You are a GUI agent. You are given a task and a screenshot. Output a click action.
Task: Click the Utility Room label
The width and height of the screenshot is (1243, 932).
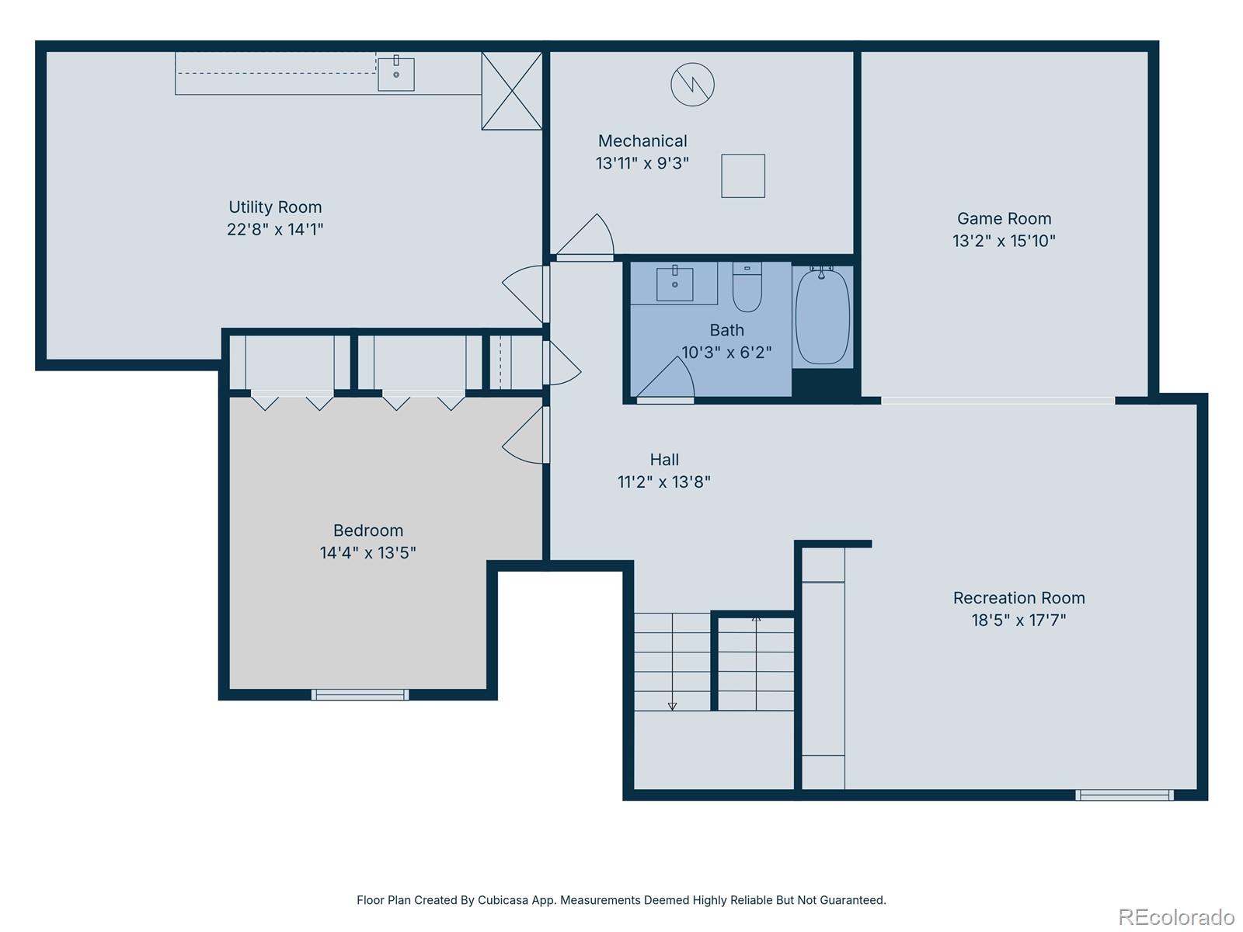point(275,207)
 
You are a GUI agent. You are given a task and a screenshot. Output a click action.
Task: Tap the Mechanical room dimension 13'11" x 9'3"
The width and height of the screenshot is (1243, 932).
point(642,163)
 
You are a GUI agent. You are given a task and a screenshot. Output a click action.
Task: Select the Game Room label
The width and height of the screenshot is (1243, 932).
point(1004,219)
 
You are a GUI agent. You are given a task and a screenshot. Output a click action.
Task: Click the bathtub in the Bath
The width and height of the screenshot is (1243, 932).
point(822,317)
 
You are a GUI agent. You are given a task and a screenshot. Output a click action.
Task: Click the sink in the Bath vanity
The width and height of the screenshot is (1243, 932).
point(674,283)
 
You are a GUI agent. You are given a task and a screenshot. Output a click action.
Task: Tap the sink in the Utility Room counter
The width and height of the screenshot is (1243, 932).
point(395,74)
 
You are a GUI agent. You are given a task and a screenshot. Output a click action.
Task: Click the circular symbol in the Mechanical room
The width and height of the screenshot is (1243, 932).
point(692,85)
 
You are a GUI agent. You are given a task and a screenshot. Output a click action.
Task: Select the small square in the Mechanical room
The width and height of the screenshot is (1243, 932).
point(743,176)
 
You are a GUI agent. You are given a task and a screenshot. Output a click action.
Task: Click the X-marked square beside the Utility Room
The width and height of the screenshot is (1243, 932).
point(512,91)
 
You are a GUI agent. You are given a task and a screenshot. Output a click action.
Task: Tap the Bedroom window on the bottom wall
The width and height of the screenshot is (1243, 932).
point(360,694)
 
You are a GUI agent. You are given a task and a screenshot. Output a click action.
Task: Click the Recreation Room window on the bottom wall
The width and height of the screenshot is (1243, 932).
point(1124,795)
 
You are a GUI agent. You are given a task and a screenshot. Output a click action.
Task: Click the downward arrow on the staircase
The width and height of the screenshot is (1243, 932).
point(672,705)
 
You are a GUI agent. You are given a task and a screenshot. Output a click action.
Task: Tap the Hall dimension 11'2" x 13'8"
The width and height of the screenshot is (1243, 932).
point(663,482)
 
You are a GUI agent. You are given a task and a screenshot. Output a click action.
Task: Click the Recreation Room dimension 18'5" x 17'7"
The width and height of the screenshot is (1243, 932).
point(1018,621)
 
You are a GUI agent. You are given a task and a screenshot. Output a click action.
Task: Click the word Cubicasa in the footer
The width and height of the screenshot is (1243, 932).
point(503,900)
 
